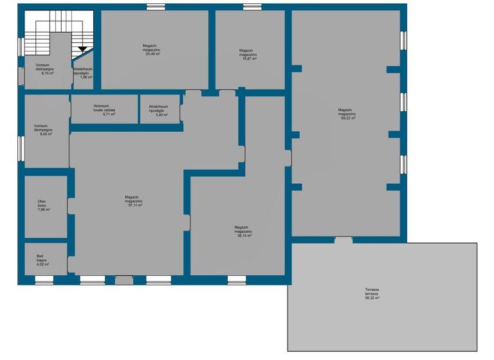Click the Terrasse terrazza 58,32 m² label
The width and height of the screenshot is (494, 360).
click(x=372, y=294)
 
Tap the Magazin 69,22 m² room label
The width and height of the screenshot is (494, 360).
click(x=347, y=114)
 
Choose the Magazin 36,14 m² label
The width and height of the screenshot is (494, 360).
click(x=243, y=231)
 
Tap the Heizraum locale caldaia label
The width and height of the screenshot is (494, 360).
click(x=104, y=109)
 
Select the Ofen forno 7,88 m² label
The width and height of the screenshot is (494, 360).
click(x=44, y=206)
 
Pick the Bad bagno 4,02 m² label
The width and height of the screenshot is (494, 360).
click(x=42, y=260)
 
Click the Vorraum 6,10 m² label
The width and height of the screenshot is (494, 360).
click(x=44, y=69)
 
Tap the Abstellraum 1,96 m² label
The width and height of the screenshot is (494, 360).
click(x=83, y=73)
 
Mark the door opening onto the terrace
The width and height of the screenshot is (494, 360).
click(x=343, y=240)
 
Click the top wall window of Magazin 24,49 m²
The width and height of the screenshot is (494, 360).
click(x=155, y=7)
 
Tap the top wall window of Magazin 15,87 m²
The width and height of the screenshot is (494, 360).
click(x=252, y=7)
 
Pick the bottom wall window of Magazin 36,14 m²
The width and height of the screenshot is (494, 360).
click(x=237, y=280)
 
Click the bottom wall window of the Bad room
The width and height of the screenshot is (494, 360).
click(x=44, y=280)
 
